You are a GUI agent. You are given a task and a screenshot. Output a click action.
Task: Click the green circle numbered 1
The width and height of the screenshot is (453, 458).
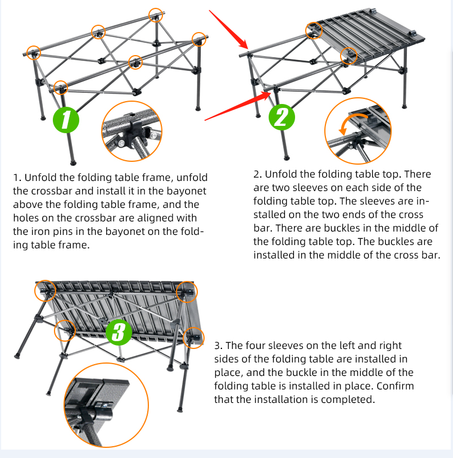(x=66, y=120)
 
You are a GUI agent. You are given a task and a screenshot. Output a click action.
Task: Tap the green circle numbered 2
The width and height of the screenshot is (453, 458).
(x=282, y=117)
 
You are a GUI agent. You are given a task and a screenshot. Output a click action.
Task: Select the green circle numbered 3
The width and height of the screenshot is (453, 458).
(x=118, y=332)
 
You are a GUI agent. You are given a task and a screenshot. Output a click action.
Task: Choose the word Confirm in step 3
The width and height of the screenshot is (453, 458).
(x=396, y=386)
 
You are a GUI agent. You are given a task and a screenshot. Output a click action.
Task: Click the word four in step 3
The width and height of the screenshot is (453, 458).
(x=255, y=346)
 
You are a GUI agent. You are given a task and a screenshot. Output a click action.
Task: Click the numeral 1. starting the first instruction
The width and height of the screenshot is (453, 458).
(x=16, y=177)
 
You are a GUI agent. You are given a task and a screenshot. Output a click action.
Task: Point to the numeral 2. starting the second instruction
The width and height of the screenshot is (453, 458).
(x=257, y=174)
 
